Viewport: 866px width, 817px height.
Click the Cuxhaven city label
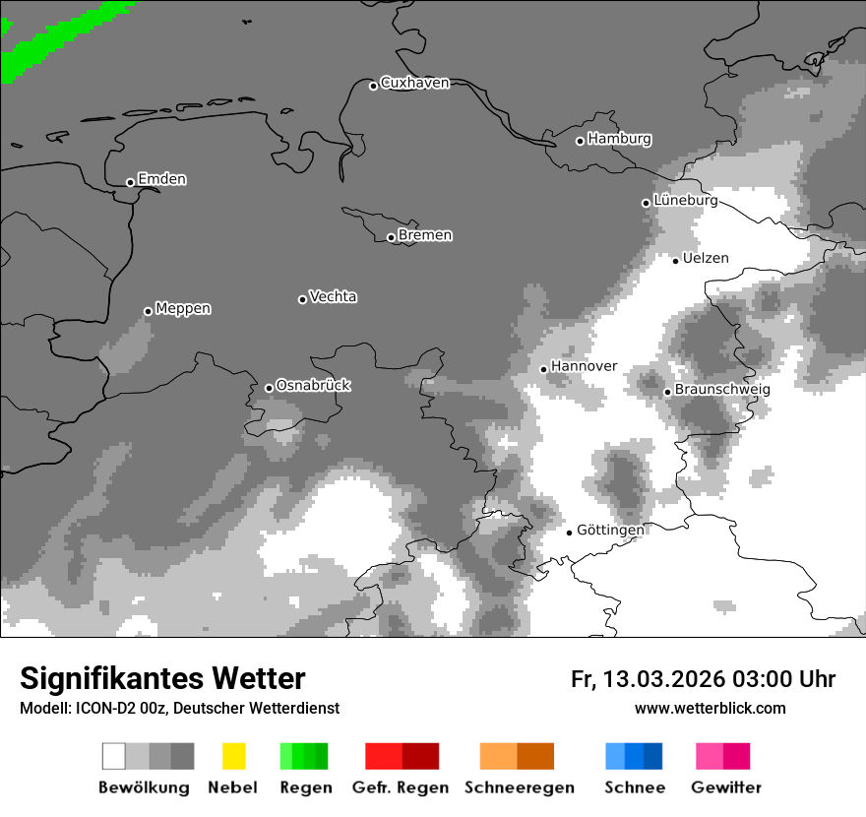pos(414,83)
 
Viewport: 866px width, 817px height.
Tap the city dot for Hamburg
pos(580,141)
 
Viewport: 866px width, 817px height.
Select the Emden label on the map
pos(161,179)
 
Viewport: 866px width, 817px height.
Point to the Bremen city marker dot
pos(391,237)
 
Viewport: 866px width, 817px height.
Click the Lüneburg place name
pos(685,200)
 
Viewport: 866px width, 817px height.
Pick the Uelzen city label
pos(706,258)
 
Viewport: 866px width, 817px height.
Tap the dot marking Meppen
pos(148,311)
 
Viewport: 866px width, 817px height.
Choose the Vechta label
pos(333,296)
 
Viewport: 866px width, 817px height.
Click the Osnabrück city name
pos(313,385)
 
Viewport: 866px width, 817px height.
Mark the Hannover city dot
pos(543,369)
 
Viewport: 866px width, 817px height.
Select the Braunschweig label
pos(722,389)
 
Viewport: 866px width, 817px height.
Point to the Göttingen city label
pos(610,530)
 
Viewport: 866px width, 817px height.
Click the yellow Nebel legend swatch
pos(233,756)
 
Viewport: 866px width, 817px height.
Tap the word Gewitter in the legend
pos(726,787)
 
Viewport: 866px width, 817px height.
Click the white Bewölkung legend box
pos(113,756)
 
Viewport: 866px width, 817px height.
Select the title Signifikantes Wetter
pos(162,678)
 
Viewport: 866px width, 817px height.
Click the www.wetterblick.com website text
pos(711,708)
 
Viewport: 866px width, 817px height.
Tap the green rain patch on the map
pos(49,39)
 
